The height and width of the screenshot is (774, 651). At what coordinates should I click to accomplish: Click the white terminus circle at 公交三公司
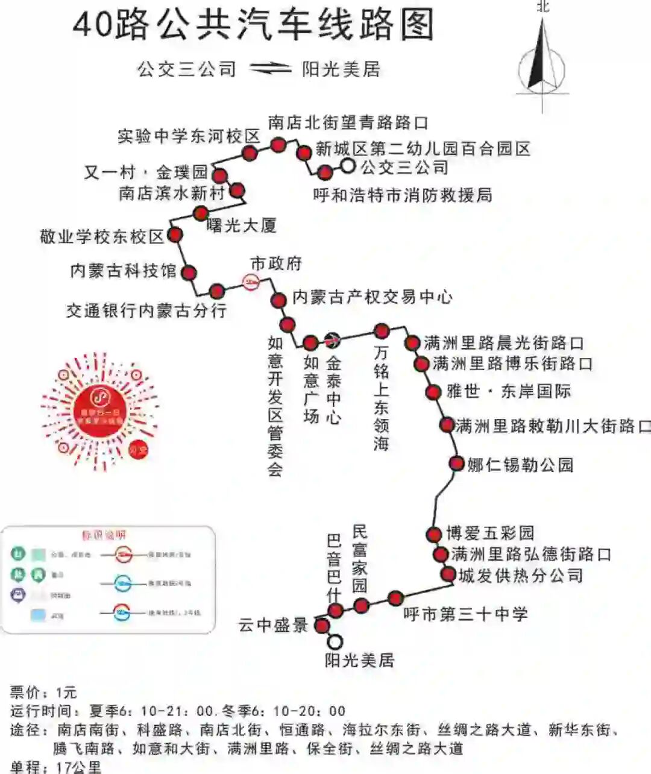pos(348,166)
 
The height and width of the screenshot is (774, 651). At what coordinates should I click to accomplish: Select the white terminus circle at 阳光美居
pos(335,642)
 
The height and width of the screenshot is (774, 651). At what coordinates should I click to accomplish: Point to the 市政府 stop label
pos(275,263)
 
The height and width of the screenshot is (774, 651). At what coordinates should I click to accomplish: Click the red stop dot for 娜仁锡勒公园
pos(456,464)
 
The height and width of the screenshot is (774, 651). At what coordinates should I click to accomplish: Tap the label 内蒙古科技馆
pos(123,271)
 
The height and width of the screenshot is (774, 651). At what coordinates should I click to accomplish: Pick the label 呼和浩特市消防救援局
pos(403,195)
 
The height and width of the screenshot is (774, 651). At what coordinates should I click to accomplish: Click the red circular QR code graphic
pos(100,411)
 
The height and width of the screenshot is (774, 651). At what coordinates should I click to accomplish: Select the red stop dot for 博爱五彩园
pos(433,534)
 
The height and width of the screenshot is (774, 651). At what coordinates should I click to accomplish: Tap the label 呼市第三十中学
pos(465,614)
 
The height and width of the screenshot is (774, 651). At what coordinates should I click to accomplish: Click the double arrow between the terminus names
pos(269,69)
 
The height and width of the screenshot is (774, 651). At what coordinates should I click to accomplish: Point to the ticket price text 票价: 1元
pos(43,692)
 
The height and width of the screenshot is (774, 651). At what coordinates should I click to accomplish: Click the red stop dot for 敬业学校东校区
pos(175,234)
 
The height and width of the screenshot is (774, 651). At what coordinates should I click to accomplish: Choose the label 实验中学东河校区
pos(188,136)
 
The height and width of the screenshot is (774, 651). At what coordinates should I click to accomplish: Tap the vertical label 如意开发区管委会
pos(275,407)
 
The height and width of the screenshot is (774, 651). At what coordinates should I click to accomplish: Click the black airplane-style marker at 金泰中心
pos(332,341)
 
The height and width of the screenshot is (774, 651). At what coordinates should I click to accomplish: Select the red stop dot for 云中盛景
pos(322,625)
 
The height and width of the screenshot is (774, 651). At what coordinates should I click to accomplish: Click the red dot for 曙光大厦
pos(201,213)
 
